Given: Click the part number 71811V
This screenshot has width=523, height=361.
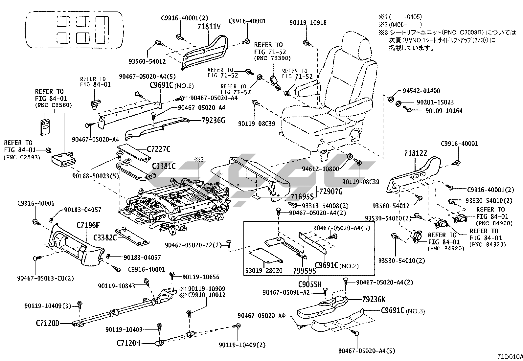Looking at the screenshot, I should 209,27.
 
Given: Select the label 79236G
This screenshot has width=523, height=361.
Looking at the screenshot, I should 214,121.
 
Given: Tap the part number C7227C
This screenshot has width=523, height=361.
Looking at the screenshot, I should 158,150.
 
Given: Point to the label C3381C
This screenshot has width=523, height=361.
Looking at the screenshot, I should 164,167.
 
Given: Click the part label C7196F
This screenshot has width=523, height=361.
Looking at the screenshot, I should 88,226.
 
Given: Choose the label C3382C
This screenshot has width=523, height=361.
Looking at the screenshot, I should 105,237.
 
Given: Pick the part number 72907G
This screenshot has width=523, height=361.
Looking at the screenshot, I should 331,192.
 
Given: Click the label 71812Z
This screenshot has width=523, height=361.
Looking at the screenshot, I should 416,154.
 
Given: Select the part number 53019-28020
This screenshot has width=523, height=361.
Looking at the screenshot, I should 263,270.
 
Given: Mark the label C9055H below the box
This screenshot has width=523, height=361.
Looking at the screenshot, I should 310,284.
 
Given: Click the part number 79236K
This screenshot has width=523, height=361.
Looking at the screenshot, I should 374,300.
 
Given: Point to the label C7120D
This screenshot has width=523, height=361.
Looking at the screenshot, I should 48,323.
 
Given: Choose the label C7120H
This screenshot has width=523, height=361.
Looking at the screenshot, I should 128,343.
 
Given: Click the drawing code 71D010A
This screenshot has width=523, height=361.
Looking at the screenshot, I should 509,357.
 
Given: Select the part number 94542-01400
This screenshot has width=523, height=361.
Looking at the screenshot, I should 421,91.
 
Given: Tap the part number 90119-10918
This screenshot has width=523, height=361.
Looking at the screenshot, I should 308,23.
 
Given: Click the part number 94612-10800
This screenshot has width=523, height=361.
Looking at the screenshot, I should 325,169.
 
